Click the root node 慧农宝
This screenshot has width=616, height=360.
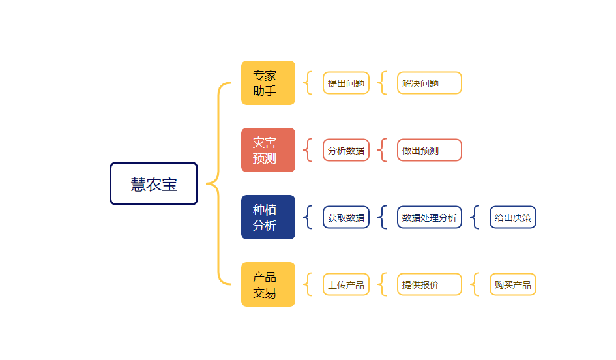click(154, 184)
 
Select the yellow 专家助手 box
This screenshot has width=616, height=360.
click(268, 83)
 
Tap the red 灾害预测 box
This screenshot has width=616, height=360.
click(268, 150)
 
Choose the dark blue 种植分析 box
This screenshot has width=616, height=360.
click(268, 217)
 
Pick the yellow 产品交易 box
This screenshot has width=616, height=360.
click(268, 284)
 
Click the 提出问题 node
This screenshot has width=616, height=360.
click(346, 83)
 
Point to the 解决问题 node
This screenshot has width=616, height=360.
click(429, 83)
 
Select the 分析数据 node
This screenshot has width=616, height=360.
click(346, 150)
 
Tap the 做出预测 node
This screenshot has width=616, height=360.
click(429, 150)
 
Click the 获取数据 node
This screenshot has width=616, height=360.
click(346, 217)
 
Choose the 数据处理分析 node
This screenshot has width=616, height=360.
click(429, 217)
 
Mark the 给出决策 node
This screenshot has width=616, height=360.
click(512, 217)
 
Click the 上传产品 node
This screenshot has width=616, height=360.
click(346, 284)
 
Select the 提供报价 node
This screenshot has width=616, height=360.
click(429, 284)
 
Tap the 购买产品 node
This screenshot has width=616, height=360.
click(512, 284)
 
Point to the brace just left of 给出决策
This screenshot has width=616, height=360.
click(475, 217)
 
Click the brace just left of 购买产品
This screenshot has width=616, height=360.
click(475, 284)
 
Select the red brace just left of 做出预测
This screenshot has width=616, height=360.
click(383, 150)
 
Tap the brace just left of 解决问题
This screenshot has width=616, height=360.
click(383, 83)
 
